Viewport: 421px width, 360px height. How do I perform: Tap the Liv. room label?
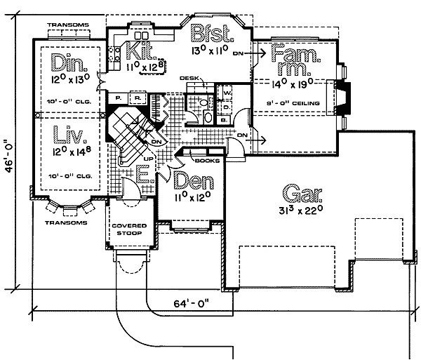click(69, 135)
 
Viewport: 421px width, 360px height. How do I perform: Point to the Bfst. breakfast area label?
click(212, 34)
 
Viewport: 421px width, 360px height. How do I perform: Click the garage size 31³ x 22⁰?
click(296, 209)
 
